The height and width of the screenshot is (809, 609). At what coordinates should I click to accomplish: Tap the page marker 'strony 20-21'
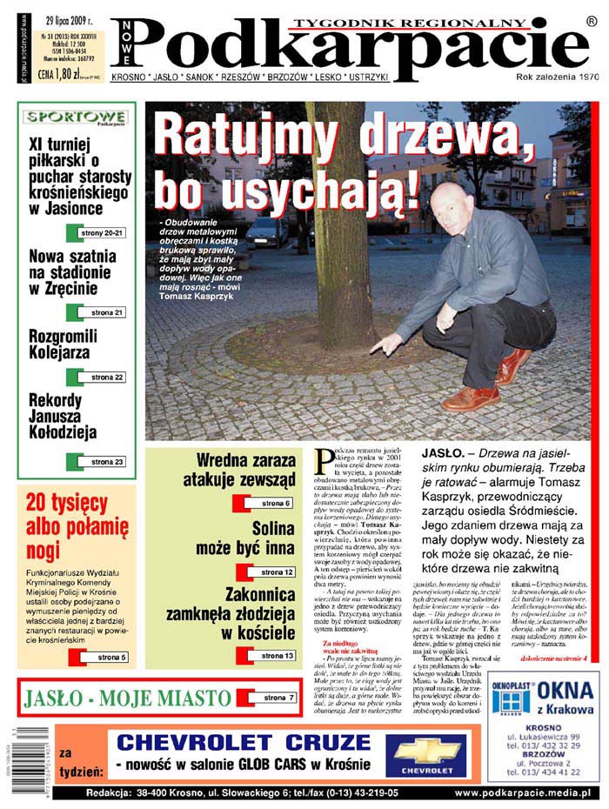click(x=102, y=233)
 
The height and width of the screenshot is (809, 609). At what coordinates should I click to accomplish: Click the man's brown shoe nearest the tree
click(x=470, y=398)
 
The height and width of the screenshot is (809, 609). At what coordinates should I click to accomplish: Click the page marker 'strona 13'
click(x=271, y=655)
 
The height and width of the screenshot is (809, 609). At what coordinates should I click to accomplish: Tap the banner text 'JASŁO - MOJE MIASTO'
click(x=128, y=698)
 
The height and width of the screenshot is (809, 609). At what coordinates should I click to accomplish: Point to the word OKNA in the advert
click(x=565, y=692)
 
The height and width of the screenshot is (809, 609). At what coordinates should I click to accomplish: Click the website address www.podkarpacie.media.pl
click(x=523, y=793)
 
